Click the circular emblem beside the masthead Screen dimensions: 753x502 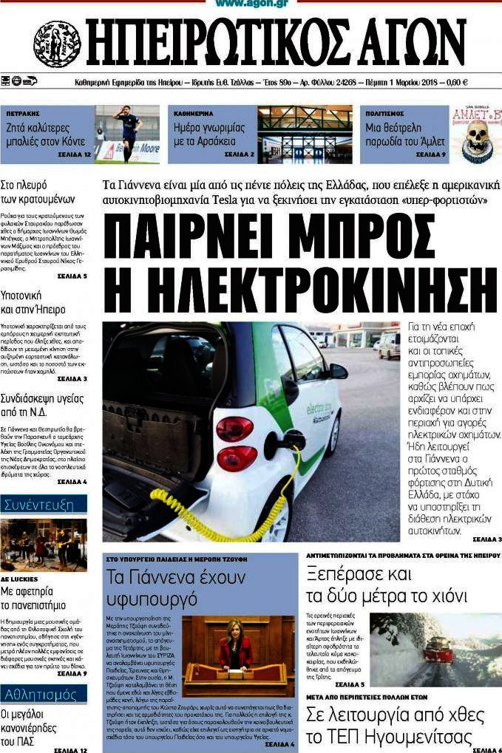(57, 44)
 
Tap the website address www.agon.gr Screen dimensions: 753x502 (251, 4)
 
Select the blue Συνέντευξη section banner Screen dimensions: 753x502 (44, 505)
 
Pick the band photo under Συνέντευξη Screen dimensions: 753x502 (44, 544)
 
